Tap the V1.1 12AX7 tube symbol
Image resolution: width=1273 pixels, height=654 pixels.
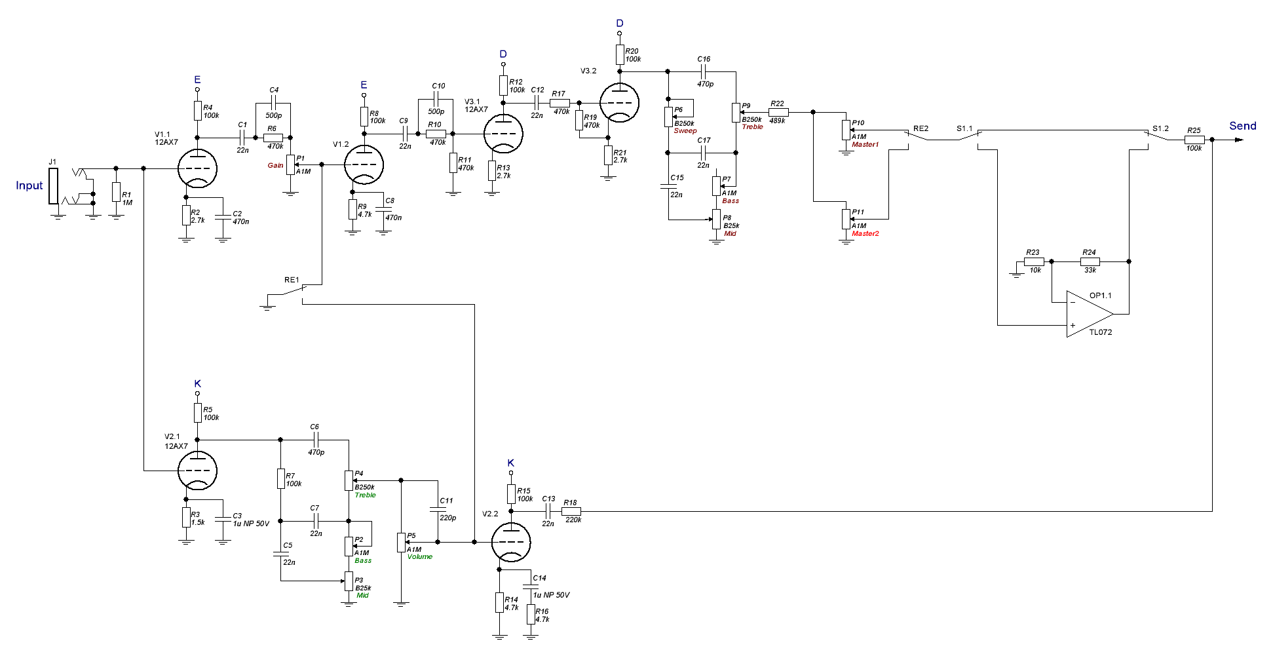(198, 168)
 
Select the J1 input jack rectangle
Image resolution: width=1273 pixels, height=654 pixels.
(53, 186)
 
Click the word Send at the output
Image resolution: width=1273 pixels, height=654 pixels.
(1243, 126)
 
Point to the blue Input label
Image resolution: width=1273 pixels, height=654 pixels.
(29, 185)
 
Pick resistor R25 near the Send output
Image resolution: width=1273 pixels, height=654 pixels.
(1194, 140)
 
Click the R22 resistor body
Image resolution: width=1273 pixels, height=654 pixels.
(778, 112)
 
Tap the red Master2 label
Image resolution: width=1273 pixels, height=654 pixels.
(865, 233)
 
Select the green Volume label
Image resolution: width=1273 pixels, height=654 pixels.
(420, 557)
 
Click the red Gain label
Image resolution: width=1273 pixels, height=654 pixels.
(275, 165)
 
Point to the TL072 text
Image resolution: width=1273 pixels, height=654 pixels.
(1101, 332)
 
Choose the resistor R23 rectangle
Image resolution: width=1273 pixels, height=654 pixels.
(1034, 261)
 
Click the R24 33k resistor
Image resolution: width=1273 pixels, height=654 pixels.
(1090, 261)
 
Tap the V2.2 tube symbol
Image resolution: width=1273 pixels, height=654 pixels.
(511, 542)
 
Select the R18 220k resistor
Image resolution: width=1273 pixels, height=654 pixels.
(571, 511)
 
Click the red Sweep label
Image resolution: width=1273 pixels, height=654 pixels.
(685, 131)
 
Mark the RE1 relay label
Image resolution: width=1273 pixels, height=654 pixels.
(292, 280)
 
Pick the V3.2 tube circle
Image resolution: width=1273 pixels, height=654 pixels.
(619, 102)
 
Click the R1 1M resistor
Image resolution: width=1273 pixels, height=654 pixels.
(116, 192)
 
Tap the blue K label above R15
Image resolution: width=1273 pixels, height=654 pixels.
(511, 463)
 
